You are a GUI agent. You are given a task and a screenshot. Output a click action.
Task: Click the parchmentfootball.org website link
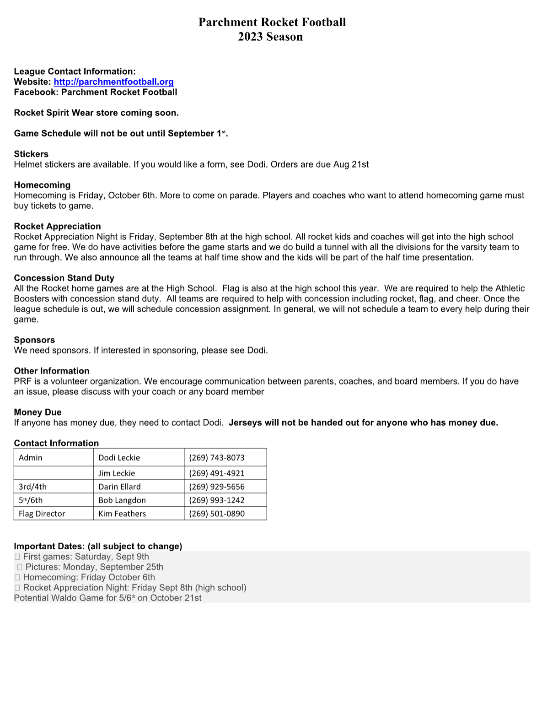click(113, 82)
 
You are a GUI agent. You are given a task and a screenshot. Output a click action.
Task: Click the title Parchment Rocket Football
click(272, 22)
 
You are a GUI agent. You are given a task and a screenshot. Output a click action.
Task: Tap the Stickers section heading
click(31, 154)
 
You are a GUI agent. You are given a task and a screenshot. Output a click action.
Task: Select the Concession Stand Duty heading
click(64, 278)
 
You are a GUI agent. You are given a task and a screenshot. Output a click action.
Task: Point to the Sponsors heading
click(34, 340)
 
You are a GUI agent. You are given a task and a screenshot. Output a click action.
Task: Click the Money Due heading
click(38, 412)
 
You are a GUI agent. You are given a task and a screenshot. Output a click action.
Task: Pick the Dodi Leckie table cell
click(119, 458)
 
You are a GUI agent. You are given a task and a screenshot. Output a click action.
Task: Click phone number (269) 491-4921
click(217, 473)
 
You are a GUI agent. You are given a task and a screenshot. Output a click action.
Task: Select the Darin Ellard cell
click(120, 487)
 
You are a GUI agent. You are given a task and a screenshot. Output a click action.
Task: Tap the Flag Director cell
click(42, 514)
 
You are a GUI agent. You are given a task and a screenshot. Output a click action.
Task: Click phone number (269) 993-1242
click(217, 500)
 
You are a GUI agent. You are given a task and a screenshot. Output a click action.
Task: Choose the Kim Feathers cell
click(122, 514)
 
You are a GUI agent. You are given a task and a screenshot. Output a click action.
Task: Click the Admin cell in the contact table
click(31, 458)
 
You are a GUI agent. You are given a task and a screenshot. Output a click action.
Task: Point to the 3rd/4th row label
click(33, 487)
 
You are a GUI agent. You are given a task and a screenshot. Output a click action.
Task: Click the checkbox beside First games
click(17, 557)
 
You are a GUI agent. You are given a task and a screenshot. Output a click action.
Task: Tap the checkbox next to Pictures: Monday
click(20, 567)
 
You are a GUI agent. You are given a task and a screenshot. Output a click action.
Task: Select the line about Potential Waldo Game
click(107, 598)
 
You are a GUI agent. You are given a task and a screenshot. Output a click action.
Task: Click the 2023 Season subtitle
click(270, 37)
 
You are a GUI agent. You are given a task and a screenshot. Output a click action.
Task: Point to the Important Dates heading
click(98, 546)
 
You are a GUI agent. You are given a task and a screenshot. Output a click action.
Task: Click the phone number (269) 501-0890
click(217, 514)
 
